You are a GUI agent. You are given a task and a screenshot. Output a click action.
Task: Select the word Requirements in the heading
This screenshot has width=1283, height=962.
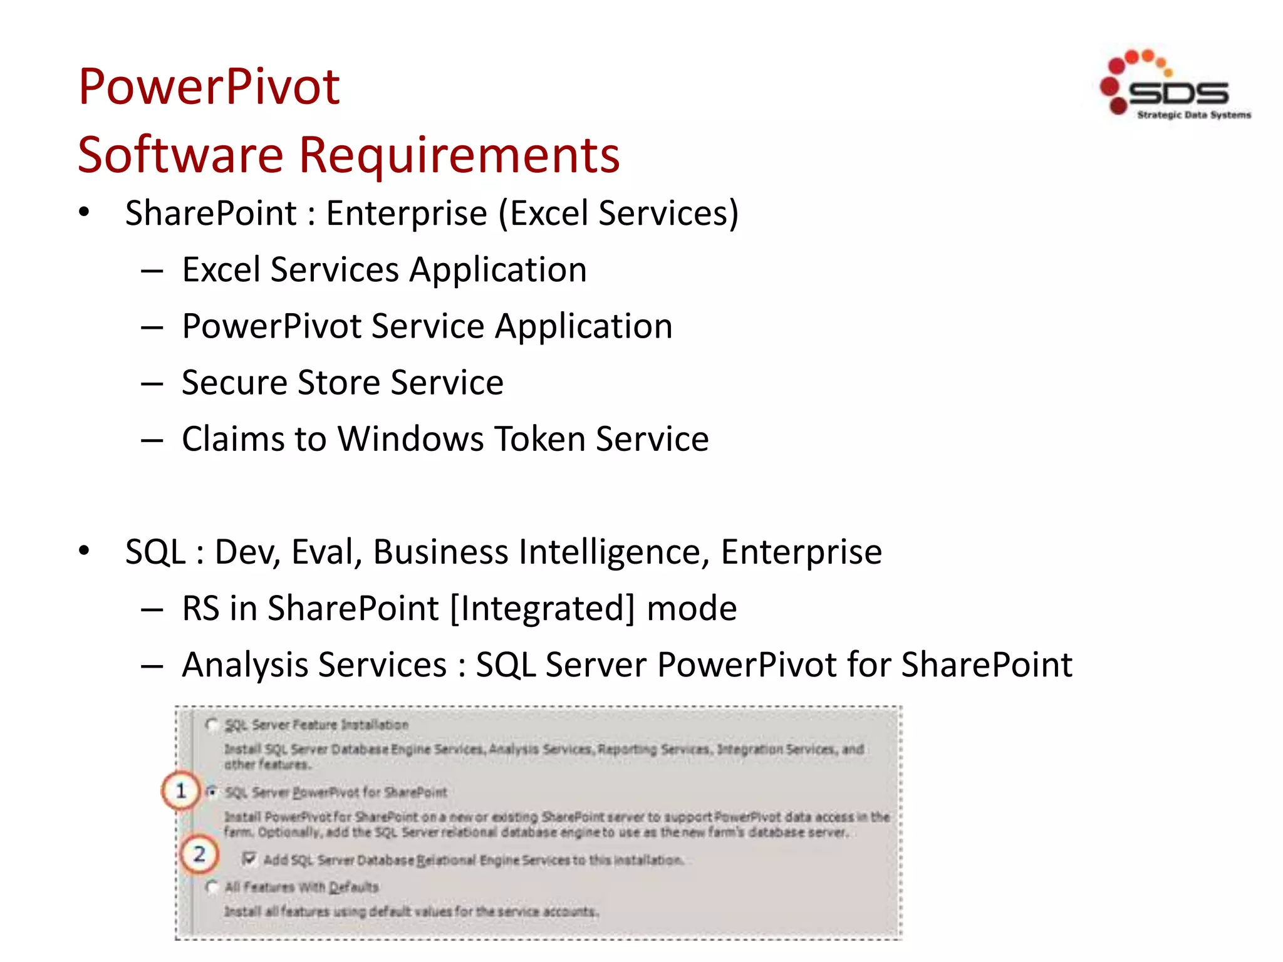pos(459,155)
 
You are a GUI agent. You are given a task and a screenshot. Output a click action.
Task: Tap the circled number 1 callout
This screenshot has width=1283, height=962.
pos(180,791)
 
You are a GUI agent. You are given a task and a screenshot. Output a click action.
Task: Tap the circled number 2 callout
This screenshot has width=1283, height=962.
pos(199,854)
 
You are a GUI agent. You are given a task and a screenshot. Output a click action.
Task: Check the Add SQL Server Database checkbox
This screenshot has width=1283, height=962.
pos(249,858)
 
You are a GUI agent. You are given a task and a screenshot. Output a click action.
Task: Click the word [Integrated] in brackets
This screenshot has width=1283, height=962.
pos(543,608)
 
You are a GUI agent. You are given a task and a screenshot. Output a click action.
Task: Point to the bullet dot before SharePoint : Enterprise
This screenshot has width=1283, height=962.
pos(84,212)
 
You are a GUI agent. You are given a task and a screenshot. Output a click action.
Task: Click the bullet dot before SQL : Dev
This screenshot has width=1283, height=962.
pos(84,551)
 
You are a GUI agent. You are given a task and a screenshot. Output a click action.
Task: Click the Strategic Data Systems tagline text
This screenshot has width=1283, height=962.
pos(1193,115)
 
